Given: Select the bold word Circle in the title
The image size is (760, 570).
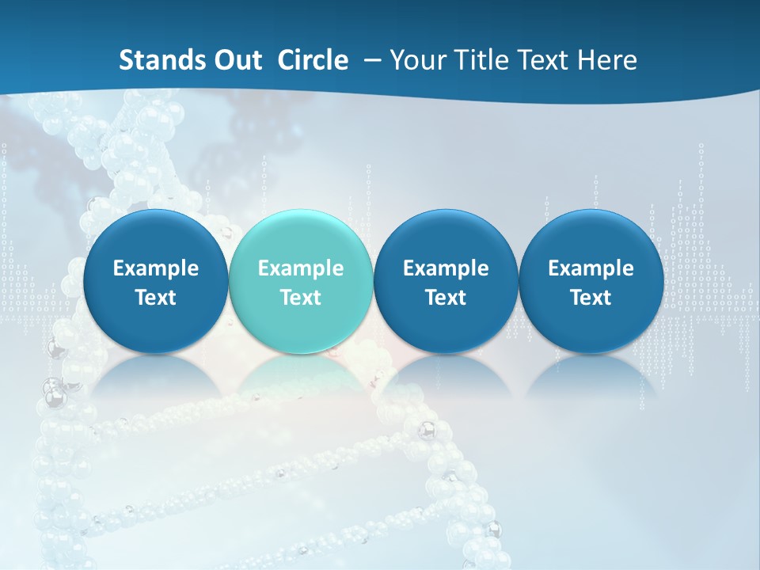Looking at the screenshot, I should (x=313, y=60).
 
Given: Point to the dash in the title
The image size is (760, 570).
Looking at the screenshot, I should (x=369, y=60).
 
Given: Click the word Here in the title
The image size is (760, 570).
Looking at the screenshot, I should (x=606, y=60).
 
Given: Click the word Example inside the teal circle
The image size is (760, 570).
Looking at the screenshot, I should (x=301, y=268).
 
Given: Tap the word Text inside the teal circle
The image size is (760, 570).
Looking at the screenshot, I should (x=301, y=298).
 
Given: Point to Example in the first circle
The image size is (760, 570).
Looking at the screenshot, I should (x=156, y=268).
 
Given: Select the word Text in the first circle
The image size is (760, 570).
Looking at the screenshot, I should (x=156, y=298).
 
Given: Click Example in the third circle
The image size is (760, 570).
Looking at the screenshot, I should (x=446, y=268).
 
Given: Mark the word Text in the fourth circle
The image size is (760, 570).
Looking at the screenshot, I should (x=591, y=298).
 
